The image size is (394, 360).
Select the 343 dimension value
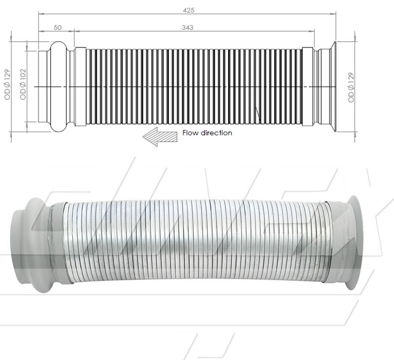pyautogui.click(x=187, y=27)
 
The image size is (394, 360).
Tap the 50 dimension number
pyautogui.click(x=57, y=27)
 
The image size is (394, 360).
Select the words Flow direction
pyautogui.click(x=207, y=133)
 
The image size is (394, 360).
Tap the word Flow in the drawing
pyautogui.click(x=190, y=133)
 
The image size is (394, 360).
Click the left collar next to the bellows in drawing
pyautogui.click(x=80, y=86)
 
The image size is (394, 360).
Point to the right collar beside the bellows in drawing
pyautogui.click(x=307, y=86)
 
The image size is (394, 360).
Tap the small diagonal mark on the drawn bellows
pyautogui.click(x=257, y=114)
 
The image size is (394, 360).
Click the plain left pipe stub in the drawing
pyautogui.click(x=42, y=86)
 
